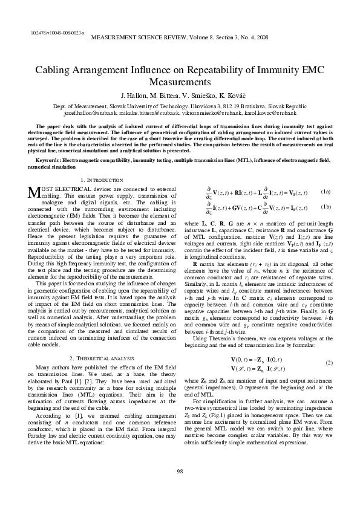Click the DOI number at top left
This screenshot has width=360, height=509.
click(57, 31)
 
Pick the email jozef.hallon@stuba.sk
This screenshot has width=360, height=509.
click(89, 112)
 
